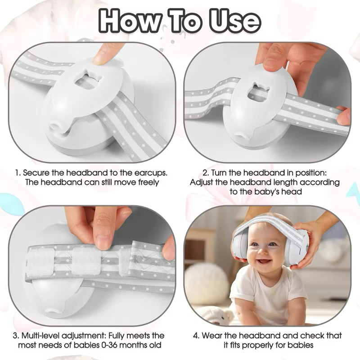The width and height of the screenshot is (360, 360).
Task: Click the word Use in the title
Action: [235, 21]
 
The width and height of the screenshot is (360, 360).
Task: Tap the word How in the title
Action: [130, 21]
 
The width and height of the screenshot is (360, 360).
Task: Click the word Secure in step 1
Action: [36, 173]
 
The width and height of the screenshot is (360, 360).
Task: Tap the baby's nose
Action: [262, 252]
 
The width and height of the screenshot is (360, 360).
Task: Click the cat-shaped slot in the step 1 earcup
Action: [85, 80]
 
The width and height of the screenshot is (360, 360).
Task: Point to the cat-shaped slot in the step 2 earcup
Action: [258, 91]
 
